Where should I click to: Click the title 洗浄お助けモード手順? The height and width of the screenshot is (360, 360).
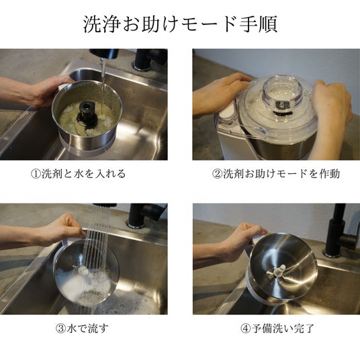[x=180, y=24]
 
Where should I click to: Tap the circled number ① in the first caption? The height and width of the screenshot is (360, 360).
[x=36, y=174]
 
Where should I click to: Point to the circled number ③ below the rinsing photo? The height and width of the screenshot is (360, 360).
[x=61, y=328]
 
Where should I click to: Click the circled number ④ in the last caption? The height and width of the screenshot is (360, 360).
[x=246, y=328]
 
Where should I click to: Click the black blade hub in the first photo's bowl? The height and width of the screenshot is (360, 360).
[x=87, y=115]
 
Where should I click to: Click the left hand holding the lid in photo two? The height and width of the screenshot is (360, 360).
[x=220, y=94]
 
